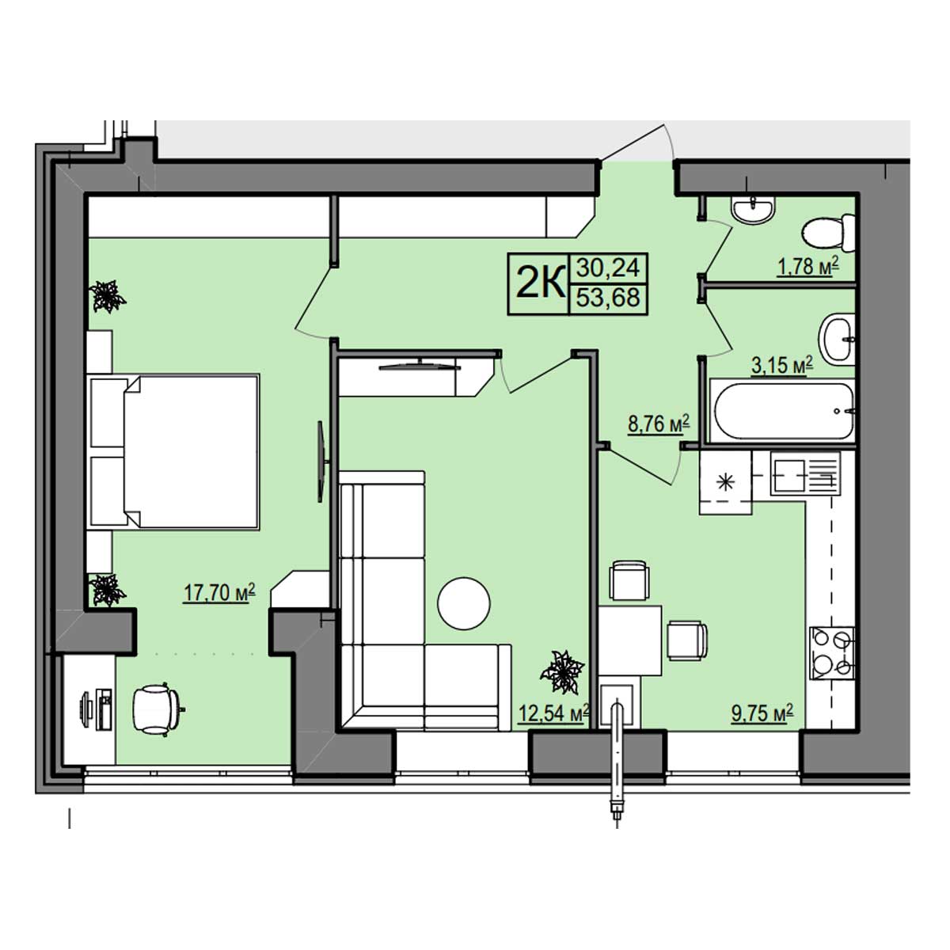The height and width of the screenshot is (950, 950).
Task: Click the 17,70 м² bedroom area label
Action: pyautogui.click(x=219, y=593)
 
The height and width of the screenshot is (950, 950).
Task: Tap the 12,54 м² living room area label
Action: pyautogui.click(x=553, y=712)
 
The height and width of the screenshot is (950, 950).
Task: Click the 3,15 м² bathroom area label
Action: pyautogui.click(x=782, y=366)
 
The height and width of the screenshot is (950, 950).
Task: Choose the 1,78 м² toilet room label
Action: pyautogui.click(x=808, y=268)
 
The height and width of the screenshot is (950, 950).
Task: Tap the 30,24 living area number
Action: pyautogui.click(x=608, y=268)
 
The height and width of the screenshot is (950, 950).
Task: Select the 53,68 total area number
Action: pyautogui.click(x=608, y=298)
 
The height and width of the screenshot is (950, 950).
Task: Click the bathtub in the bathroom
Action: pyautogui.click(x=782, y=411)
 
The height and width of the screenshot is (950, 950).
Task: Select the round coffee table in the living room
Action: pyautogui.click(x=464, y=603)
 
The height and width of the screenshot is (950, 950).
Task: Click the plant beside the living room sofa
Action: pyautogui.click(x=563, y=672)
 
